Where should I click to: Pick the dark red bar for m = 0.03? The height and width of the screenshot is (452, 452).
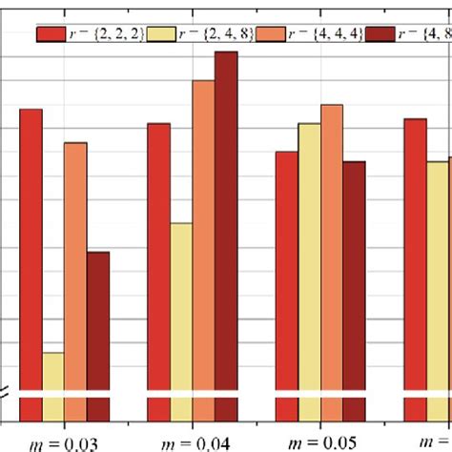point(97,324)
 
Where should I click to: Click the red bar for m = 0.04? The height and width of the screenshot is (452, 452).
point(159,257)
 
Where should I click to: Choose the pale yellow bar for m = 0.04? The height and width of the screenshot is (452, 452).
point(181,305)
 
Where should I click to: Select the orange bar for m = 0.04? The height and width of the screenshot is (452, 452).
point(204,238)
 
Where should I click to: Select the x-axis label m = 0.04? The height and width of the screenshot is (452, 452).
point(193,442)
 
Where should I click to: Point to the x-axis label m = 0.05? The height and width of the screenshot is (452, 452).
point(320,442)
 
